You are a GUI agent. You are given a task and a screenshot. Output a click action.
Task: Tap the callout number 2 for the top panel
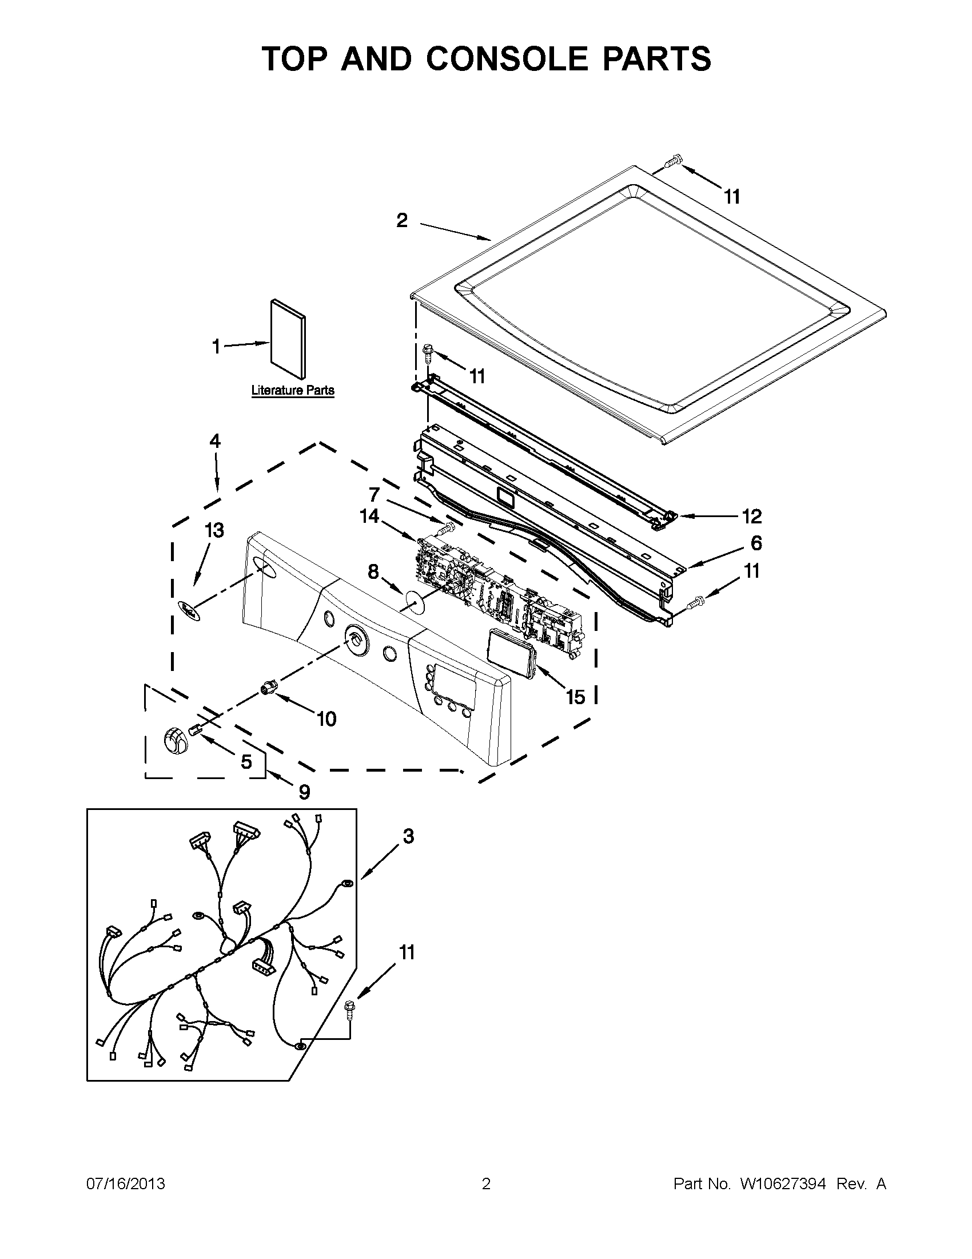402,221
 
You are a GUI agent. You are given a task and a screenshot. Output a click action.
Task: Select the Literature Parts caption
293,390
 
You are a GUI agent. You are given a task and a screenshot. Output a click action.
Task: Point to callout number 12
752,516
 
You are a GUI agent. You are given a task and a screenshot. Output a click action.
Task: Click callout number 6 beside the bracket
756,543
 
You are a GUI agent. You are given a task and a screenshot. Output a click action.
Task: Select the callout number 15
575,697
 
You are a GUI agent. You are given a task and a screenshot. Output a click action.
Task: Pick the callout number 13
214,530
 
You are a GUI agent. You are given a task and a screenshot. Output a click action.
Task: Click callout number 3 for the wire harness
408,836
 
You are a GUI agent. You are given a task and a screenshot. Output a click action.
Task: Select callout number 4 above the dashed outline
214,442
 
